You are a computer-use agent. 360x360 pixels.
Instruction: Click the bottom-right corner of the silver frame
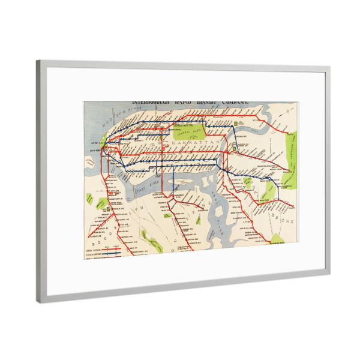[x=328, y=275]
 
